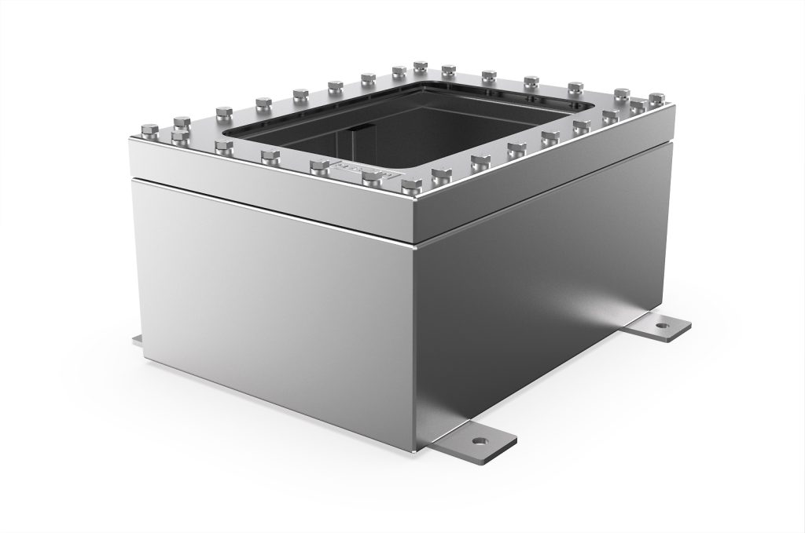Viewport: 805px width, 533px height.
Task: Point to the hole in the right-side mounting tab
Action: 663,323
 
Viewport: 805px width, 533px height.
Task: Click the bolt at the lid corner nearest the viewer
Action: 410,186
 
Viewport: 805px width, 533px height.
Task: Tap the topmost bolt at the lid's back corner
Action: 420,64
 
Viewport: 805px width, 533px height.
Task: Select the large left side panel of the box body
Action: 267,314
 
